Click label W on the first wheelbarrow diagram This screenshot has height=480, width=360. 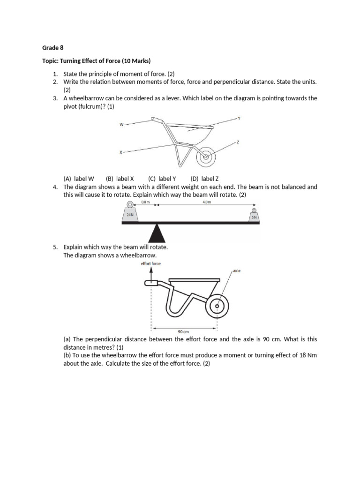(121, 125)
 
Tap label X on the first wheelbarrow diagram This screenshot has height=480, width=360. (121, 152)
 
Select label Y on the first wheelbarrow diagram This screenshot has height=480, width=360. (239, 118)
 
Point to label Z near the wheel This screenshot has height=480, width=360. (238, 142)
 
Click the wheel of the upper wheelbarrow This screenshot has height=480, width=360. (205, 158)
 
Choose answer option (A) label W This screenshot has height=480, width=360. (79, 179)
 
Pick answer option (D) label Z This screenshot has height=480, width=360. (204, 179)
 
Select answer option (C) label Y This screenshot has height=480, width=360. (162, 179)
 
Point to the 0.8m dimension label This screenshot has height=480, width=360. (145, 202)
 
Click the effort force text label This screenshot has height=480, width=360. (151, 263)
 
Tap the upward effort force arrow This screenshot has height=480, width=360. (151, 274)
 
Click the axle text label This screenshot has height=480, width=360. (236, 270)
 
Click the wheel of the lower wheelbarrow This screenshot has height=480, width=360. (217, 307)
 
